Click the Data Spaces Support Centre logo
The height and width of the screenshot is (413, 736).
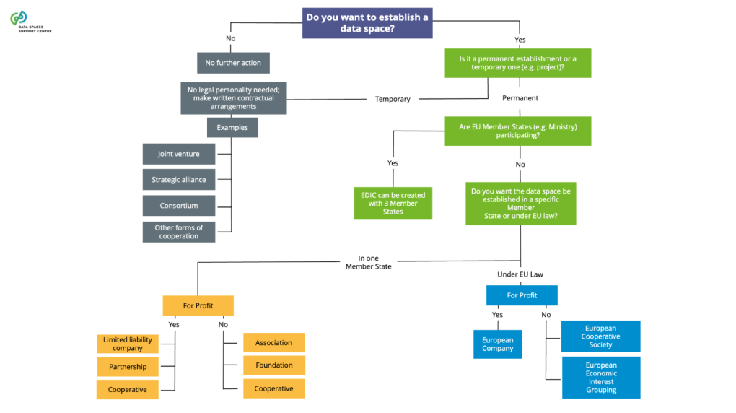(x=30, y=22)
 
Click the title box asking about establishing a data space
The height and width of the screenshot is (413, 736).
(x=367, y=22)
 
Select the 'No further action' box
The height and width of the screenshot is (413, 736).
(x=233, y=63)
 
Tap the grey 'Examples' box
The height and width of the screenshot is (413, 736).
(x=232, y=128)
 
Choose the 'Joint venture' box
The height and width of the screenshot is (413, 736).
(x=179, y=154)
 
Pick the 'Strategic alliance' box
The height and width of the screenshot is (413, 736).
(x=179, y=180)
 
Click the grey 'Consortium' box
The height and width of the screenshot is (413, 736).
(x=179, y=206)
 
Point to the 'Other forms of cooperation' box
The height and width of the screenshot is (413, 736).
(x=179, y=232)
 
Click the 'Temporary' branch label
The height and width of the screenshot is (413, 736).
(x=393, y=99)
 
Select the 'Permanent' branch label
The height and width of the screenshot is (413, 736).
(x=520, y=97)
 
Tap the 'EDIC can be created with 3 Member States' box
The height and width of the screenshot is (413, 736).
(x=393, y=204)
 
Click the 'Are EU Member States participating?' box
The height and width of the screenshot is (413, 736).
(x=517, y=131)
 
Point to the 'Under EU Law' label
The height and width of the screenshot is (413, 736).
(x=521, y=274)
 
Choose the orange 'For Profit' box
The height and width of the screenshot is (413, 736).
(x=198, y=305)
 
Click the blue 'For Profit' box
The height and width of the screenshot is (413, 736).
(x=522, y=295)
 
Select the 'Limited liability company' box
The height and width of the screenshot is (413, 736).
(x=128, y=344)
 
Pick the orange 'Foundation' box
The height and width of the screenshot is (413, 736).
(x=274, y=365)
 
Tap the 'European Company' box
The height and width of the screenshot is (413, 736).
(x=498, y=344)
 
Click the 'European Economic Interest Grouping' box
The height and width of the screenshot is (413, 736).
(x=601, y=378)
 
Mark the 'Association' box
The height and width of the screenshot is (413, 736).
(x=274, y=342)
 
